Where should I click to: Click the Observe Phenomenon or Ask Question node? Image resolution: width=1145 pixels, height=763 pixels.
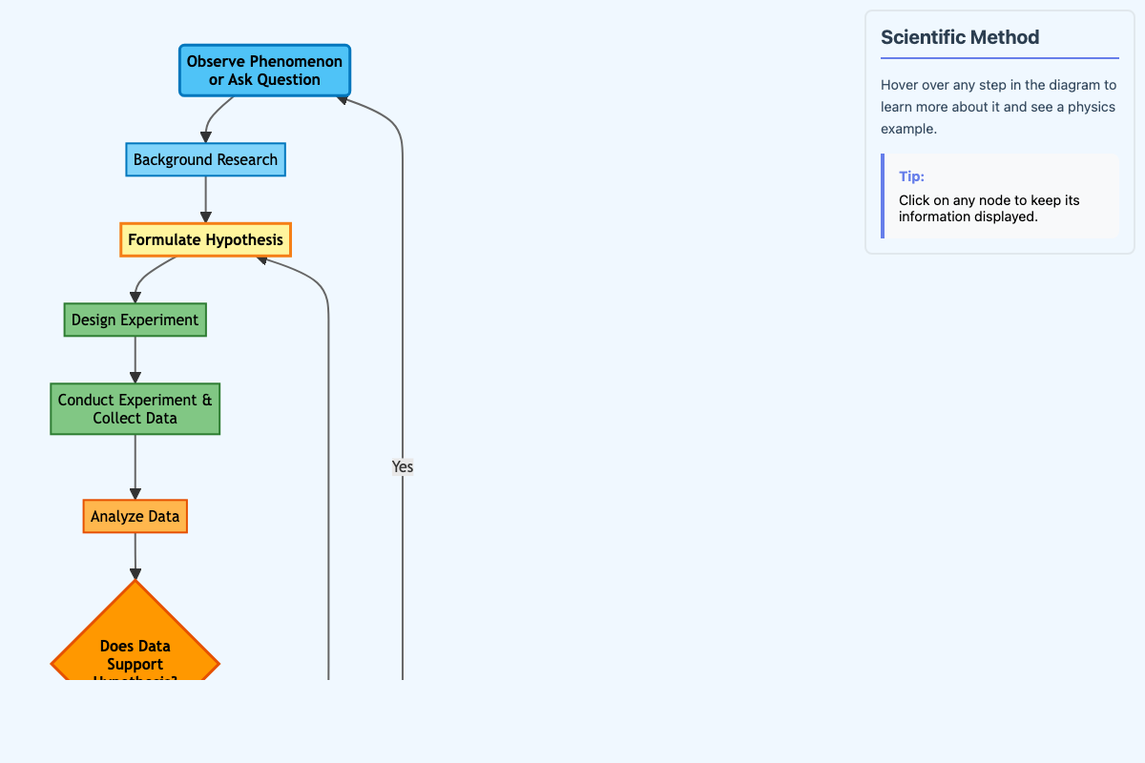click(x=264, y=71)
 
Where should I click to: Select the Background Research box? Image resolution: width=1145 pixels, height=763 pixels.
click(x=205, y=159)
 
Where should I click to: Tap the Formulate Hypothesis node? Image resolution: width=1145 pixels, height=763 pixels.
click(x=205, y=239)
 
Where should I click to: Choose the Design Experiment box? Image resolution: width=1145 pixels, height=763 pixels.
click(x=135, y=320)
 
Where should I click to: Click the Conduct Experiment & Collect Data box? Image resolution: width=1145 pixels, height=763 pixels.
click(x=135, y=408)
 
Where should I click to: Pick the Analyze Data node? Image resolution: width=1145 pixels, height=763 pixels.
click(x=135, y=516)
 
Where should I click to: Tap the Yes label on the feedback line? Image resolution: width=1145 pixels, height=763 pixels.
click(x=403, y=466)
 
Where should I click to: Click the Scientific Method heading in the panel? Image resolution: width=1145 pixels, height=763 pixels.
click(x=960, y=37)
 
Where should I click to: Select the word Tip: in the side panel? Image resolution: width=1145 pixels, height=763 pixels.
click(x=911, y=176)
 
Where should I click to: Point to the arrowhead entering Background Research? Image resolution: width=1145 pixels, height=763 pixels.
click(x=205, y=137)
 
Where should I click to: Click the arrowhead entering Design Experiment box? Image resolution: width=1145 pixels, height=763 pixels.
click(x=135, y=298)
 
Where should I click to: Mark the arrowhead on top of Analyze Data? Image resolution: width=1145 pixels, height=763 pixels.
click(x=135, y=493)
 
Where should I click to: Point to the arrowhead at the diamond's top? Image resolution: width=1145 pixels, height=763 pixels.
click(x=135, y=573)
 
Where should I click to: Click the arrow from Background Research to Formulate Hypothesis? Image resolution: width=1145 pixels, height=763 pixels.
click(x=205, y=196)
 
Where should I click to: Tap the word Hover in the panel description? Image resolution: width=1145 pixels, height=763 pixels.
click(x=899, y=85)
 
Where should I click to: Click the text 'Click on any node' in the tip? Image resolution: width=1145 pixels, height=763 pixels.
click(x=954, y=200)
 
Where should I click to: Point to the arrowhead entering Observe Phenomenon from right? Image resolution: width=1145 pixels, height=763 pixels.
click(x=343, y=99)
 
